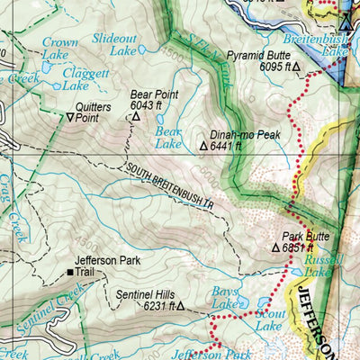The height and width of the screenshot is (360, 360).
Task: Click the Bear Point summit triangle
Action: (x=136, y=117)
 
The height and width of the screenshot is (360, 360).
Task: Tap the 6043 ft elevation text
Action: (x=155, y=104)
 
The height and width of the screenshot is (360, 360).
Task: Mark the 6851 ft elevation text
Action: (x=298, y=247)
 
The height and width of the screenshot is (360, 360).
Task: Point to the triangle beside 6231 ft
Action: (x=180, y=306)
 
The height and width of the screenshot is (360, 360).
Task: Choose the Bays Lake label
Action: (x=226, y=298)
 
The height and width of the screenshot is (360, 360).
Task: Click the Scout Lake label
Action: (x=270, y=321)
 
